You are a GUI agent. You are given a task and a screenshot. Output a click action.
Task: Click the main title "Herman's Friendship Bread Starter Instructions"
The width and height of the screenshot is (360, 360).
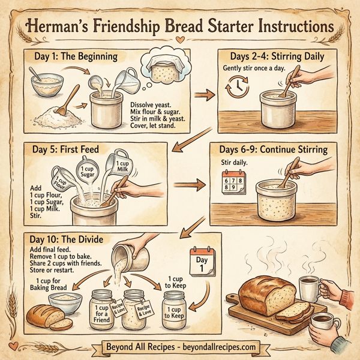(180, 27)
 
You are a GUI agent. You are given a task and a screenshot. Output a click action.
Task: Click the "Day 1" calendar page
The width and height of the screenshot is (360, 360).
(202, 261)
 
